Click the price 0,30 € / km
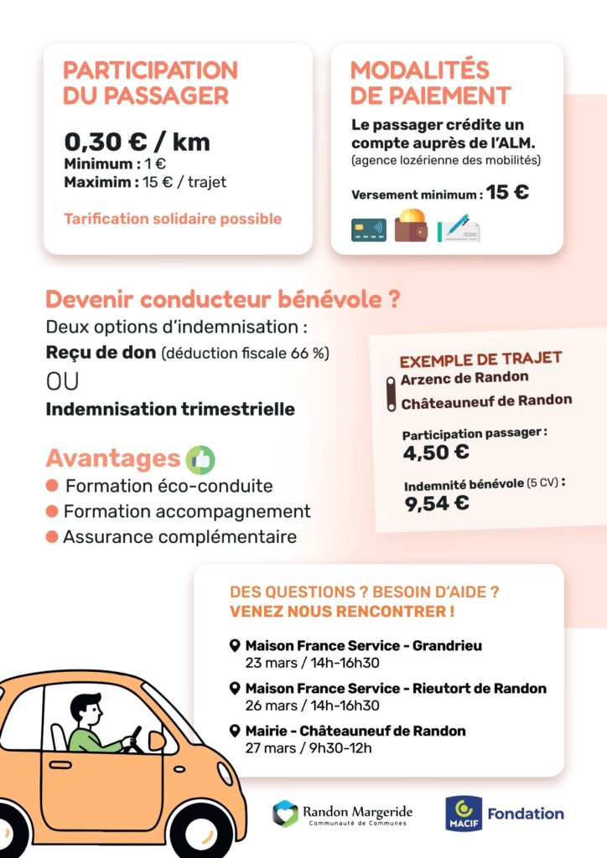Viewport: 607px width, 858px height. [x=137, y=142]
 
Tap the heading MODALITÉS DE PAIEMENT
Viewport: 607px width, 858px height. [x=429, y=82]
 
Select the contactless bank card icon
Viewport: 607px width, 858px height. [x=369, y=230]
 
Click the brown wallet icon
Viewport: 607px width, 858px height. [x=411, y=226]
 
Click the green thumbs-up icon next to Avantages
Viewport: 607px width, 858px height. [x=200, y=458]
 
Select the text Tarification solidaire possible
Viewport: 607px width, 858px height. [x=173, y=219]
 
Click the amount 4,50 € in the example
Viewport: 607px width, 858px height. [x=436, y=452]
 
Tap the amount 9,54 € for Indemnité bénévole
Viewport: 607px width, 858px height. [x=437, y=503]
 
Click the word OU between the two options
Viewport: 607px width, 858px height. [x=62, y=381]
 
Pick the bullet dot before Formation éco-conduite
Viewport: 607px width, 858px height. [x=52, y=486]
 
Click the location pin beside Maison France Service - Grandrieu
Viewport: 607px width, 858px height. [x=235, y=646]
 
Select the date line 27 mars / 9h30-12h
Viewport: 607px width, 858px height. [x=308, y=748]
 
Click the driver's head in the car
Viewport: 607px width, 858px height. [x=86, y=709]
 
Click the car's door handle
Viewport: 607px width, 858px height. [x=60, y=764]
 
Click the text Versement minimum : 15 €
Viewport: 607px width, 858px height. [x=440, y=193]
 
